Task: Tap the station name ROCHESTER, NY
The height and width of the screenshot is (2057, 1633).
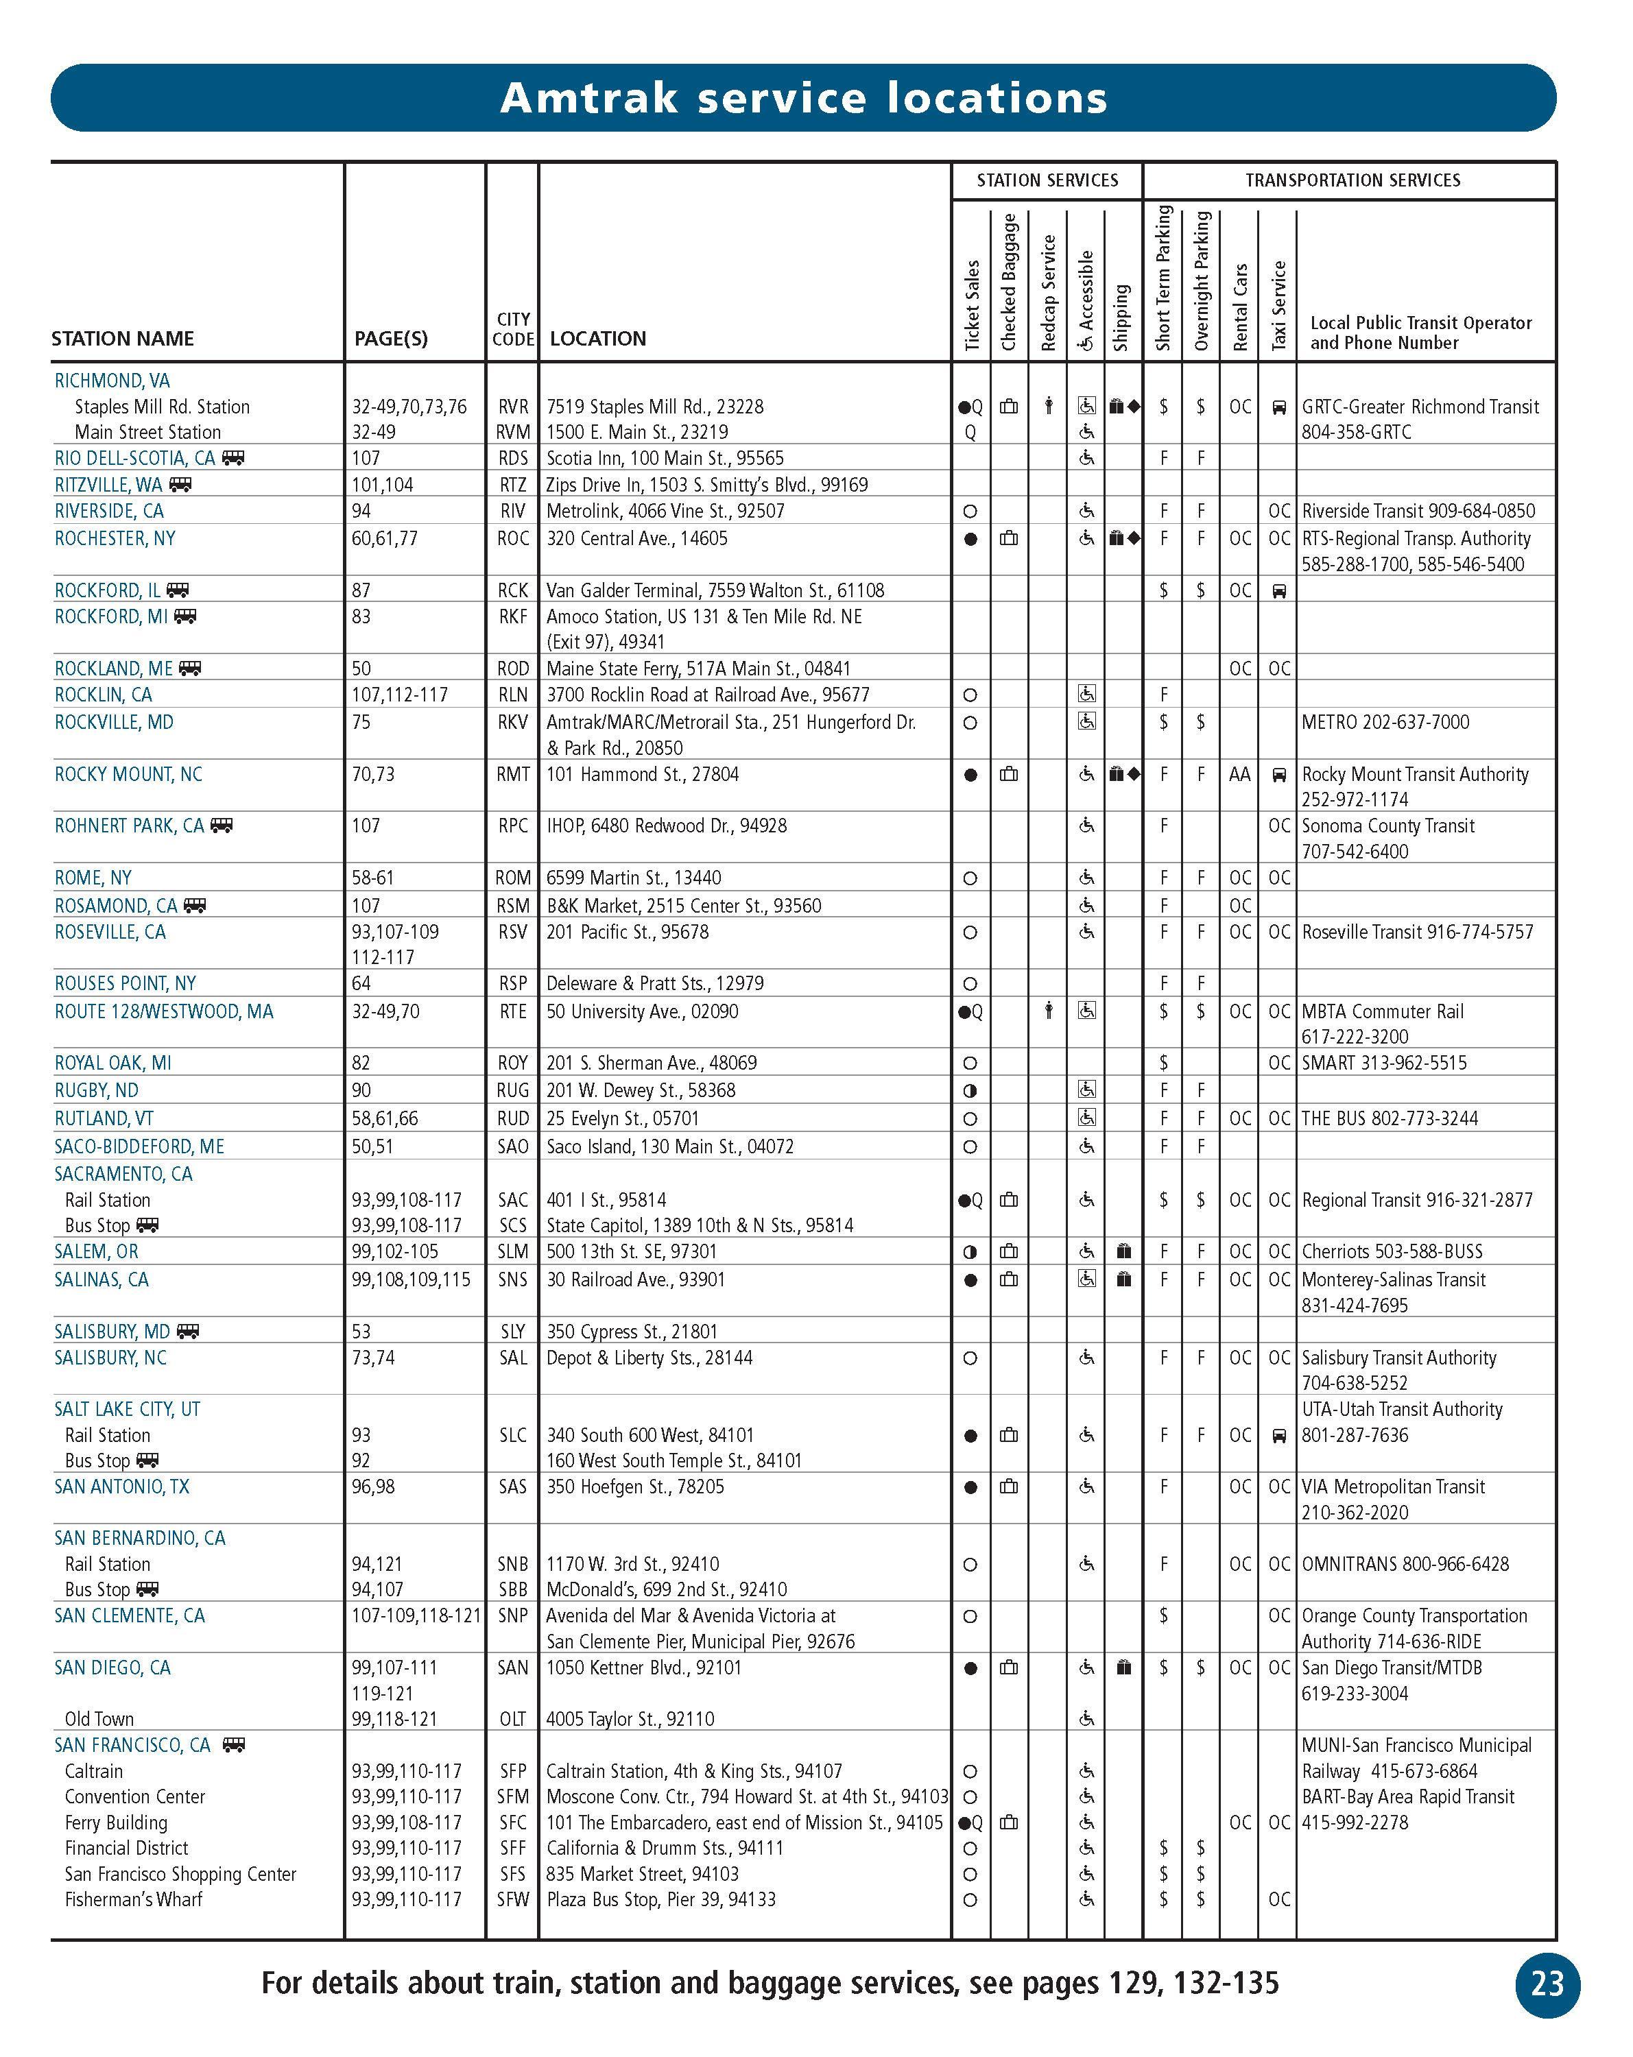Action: (115, 538)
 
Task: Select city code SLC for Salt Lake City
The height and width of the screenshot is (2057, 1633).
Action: (512, 1435)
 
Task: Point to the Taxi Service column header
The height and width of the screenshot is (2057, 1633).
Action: (1279, 304)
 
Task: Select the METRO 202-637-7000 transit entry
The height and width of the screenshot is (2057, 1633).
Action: (1385, 722)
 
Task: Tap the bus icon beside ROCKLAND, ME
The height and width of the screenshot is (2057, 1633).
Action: (190, 668)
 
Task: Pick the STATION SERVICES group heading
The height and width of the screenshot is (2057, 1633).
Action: (1047, 180)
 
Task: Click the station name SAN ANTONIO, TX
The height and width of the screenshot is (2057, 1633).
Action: (122, 1487)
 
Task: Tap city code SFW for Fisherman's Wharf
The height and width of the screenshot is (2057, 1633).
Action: (512, 1899)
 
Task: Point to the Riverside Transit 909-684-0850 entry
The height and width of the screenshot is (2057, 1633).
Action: (1418, 510)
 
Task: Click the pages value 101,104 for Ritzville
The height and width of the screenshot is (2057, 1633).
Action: (383, 485)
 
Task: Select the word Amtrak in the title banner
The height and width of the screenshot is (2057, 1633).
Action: (590, 97)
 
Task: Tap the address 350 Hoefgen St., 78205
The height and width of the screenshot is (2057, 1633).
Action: (634, 1487)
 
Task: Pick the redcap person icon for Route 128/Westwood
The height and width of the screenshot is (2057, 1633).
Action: (1048, 1011)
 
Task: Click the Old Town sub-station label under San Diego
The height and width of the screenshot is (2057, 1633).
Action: (99, 1718)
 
